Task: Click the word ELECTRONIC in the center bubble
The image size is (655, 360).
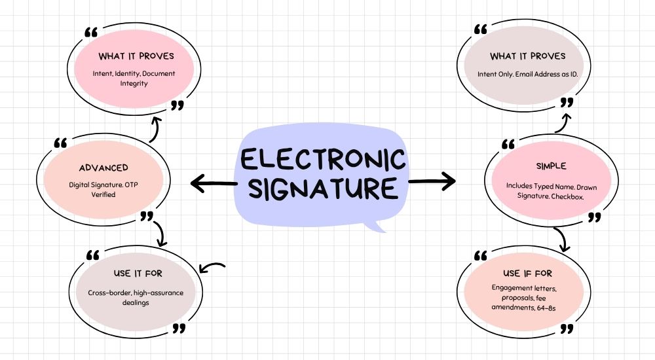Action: (322, 159)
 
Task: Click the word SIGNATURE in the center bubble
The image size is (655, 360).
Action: (322, 189)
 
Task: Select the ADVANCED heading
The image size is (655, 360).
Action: (103, 168)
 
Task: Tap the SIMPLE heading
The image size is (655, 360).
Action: (550, 167)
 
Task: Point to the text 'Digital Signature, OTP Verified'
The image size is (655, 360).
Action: (104, 190)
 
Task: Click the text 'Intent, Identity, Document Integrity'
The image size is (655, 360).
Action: (134, 79)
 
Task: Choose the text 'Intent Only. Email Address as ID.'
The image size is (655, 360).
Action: (527, 74)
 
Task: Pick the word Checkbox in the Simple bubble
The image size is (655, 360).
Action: (577, 196)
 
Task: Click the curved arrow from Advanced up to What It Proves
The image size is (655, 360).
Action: (155, 129)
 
